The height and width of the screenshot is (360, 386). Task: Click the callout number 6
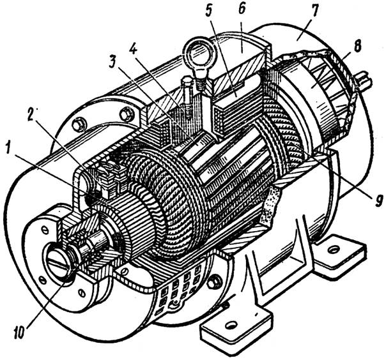coord(242,11)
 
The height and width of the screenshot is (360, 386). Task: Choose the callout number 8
coord(357,46)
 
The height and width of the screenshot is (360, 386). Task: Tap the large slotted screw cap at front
coord(58,263)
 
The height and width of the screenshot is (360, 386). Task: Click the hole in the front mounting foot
coord(231,326)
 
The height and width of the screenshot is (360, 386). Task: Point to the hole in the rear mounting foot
coord(334,250)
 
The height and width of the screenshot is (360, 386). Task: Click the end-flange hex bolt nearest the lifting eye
coord(127,114)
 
